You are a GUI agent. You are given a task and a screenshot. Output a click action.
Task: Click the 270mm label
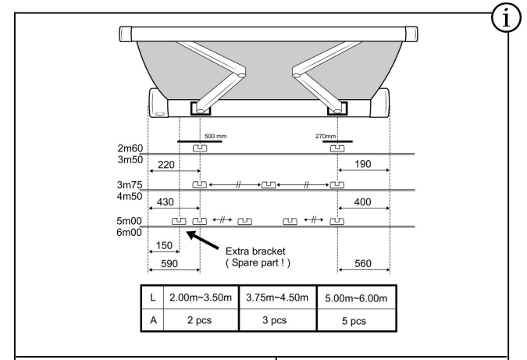coord(324,136)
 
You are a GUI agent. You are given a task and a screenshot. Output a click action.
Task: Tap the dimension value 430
coord(166,202)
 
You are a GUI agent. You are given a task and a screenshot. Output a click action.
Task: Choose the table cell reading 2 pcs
coord(201,323)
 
